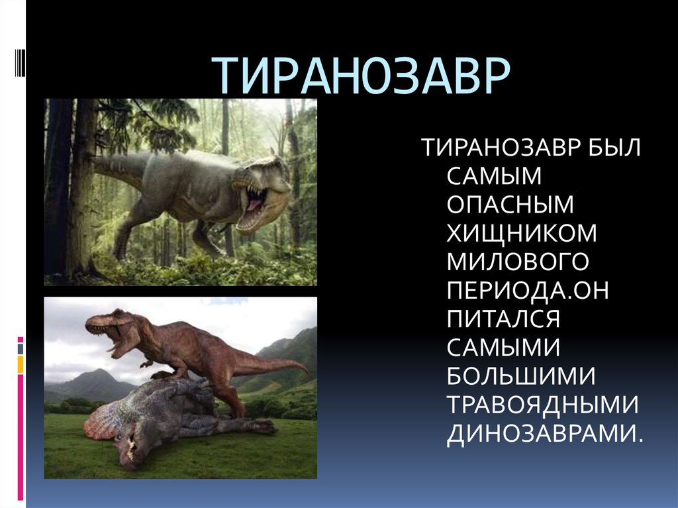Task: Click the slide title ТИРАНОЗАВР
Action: pos(363,76)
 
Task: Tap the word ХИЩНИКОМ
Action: pos(522,233)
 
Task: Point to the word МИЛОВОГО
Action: pos(518,262)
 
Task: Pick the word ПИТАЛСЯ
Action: pos(504,319)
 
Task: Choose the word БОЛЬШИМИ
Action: pos(521,377)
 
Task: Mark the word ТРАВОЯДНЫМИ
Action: pos(542,405)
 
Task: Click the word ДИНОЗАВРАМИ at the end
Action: pos(545,434)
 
